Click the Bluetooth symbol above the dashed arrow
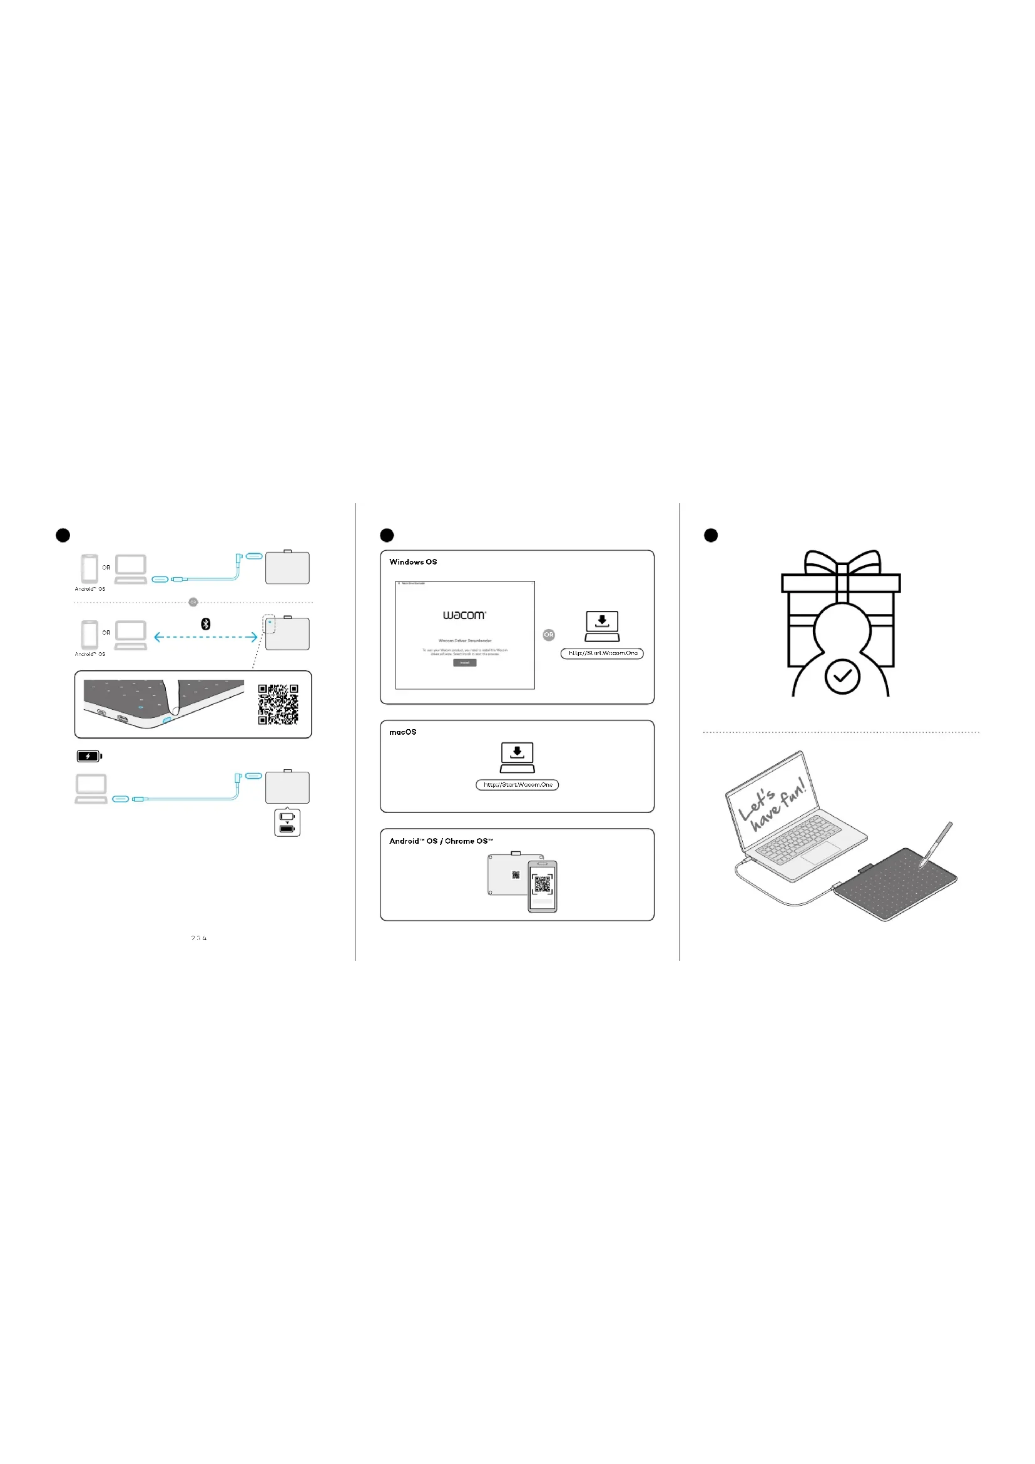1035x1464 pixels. coord(206,623)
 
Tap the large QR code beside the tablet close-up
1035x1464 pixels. coord(278,705)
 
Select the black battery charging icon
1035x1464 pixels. coord(89,756)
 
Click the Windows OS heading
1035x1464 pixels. coord(413,561)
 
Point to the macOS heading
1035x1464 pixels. coord(403,732)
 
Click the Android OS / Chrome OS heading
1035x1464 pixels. coord(441,841)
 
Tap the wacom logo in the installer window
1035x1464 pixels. coord(464,615)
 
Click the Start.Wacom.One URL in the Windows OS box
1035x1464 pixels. coord(602,653)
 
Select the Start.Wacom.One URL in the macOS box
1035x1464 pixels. coord(517,785)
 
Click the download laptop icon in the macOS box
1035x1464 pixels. coord(517,757)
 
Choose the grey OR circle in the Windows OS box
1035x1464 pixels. coord(549,635)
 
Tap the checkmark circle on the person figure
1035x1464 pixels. coord(842,677)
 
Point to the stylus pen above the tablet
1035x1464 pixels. coord(936,844)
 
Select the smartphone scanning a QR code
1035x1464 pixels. coord(543,886)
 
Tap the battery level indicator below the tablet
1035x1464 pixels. coord(287,822)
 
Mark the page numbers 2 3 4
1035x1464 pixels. coord(199,938)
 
